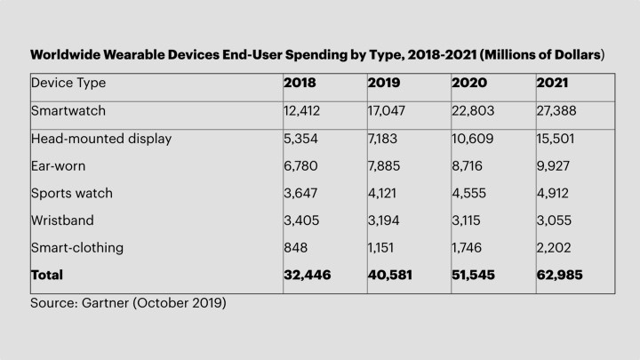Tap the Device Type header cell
tap(68, 83)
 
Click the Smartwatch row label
tap(68, 110)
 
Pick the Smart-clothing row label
tap(77, 248)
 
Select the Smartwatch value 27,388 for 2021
tap(557, 110)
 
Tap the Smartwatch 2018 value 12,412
tap(303, 110)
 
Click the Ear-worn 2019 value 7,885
tap(387, 165)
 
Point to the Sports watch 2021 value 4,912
tap(554, 193)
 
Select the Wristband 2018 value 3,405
tap(302, 220)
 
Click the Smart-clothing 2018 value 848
tap(295, 248)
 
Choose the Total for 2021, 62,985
tap(561, 276)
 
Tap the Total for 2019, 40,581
tap(392, 276)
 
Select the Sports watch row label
tap(72, 193)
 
